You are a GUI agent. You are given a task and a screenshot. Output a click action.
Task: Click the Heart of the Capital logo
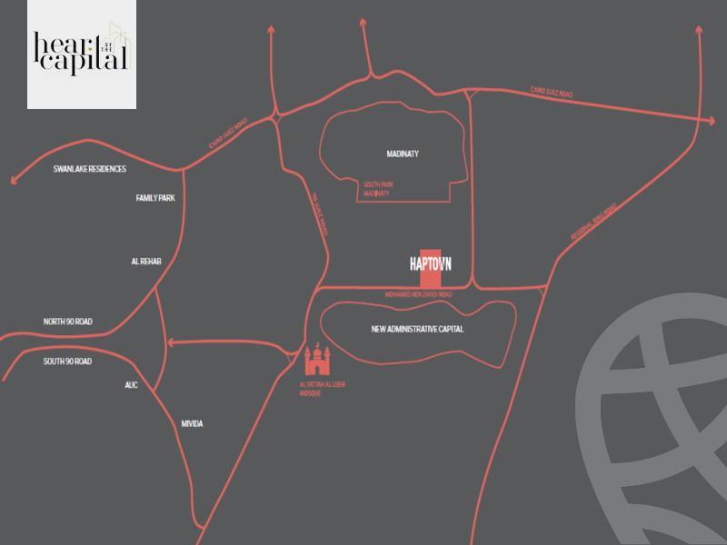point(82,54)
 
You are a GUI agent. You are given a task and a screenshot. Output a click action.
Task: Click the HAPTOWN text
point(431,264)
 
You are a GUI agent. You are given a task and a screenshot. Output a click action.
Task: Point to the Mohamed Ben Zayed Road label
point(419,295)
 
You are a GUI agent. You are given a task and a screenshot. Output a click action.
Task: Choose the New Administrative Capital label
point(417,329)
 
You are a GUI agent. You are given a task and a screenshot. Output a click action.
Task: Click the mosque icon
point(316,360)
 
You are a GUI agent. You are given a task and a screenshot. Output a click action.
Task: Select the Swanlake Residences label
point(89,169)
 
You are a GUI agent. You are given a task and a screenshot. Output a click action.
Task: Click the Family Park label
point(154,198)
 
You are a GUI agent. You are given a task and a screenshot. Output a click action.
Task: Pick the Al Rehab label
point(146,262)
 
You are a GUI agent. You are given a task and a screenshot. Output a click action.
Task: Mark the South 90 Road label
point(67,362)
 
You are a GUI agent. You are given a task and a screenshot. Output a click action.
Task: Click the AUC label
point(131,385)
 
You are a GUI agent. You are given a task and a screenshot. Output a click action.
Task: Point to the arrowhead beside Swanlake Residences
point(13,180)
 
